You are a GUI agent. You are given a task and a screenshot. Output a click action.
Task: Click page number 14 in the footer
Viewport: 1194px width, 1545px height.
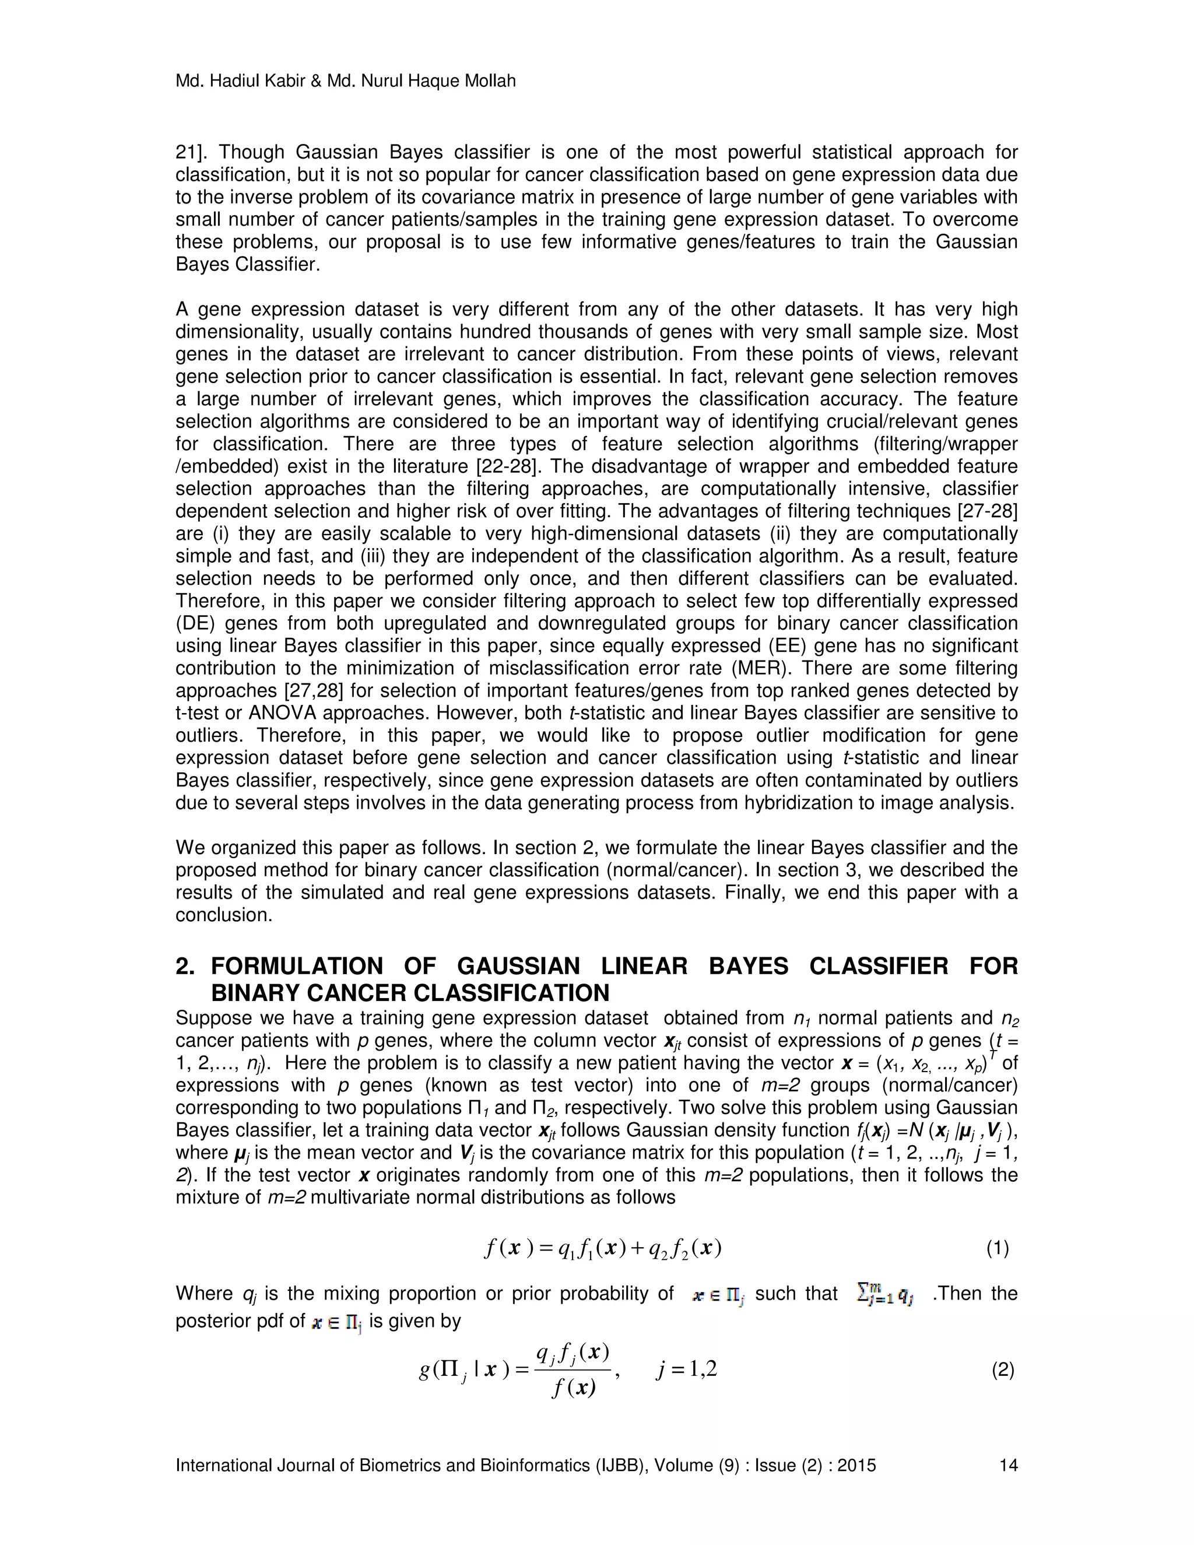(1008, 1465)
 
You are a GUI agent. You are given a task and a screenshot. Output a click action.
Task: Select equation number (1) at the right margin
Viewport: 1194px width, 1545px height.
(998, 1249)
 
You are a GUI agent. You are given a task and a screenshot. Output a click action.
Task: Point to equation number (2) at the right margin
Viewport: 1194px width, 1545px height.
(1003, 1370)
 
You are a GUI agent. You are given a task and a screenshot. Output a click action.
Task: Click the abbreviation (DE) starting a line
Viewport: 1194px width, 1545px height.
(192, 624)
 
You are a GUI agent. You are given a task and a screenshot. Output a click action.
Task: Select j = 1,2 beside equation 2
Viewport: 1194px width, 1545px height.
(686, 1370)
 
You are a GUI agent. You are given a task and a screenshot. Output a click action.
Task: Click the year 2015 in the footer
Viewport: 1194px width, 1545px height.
(856, 1465)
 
